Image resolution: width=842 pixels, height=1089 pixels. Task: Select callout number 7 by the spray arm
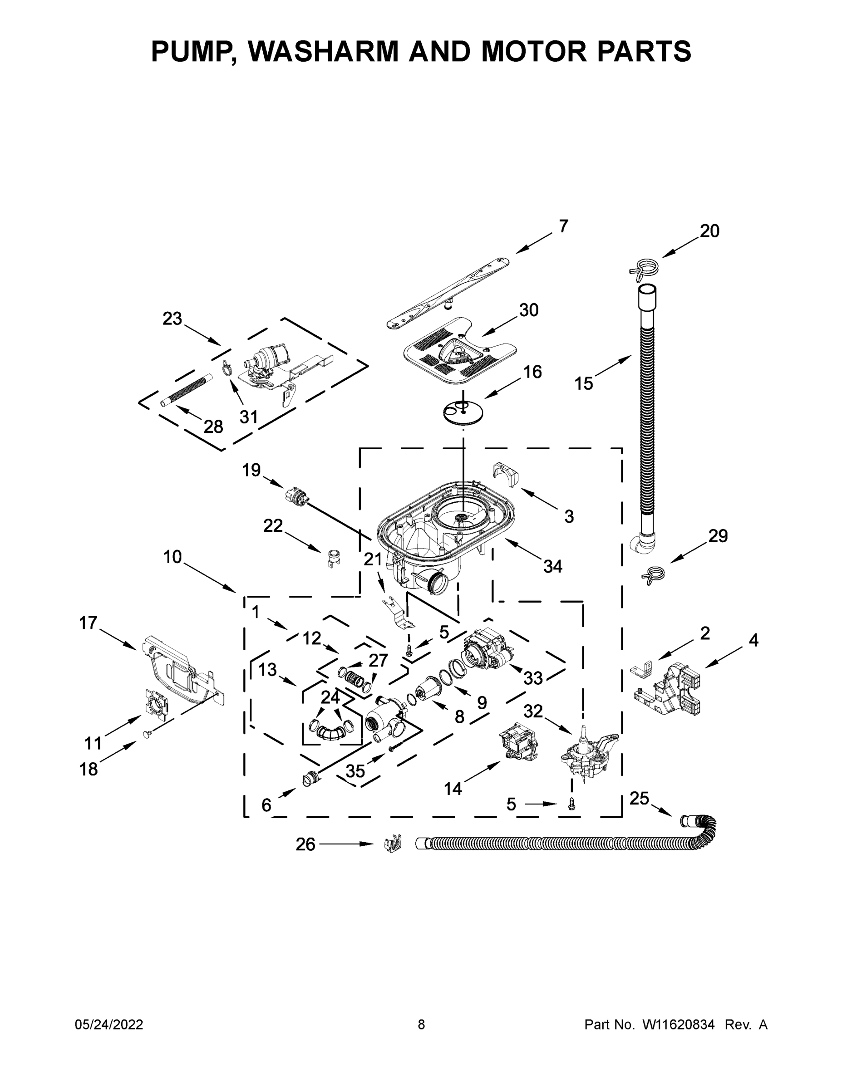click(x=563, y=226)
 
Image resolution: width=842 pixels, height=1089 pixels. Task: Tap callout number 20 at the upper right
click(x=709, y=231)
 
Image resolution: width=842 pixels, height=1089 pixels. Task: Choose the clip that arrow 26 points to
click(x=394, y=844)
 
